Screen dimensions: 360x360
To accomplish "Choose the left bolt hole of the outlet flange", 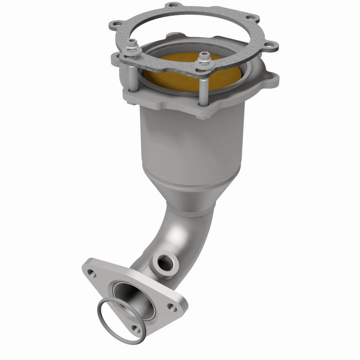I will (91, 273).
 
